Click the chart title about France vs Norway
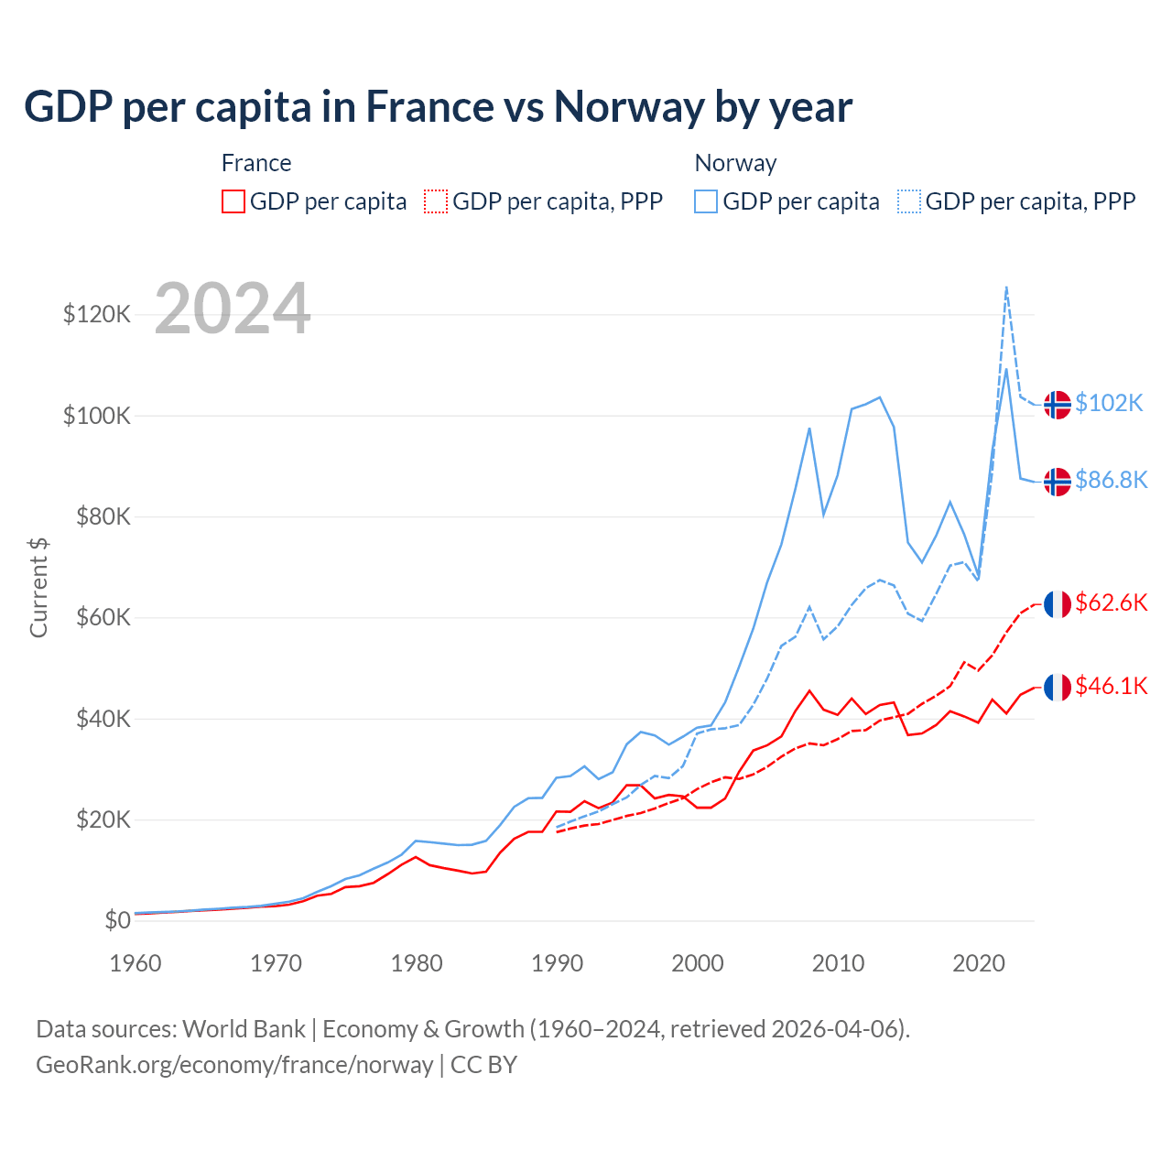pos(438,107)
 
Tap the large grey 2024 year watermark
pos(233,309)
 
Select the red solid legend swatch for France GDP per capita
pos(233,201)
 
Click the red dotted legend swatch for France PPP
pos(436,201)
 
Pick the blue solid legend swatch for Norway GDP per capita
pos(706,201)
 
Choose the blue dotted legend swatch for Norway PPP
pos(909,201)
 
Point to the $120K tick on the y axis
pos(97,315)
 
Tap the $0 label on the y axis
pos(117,920)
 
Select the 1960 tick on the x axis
pos(136,963)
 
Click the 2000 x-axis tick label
pos(698,963)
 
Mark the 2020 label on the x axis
pos(979,963)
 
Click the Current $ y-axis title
pos(38,587)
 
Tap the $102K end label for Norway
pos(1109,404)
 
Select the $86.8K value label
pos(1111,480)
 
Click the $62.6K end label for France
pos(1111,602)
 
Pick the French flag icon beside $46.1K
pos(1058,687)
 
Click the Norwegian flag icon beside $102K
pos(1058,404)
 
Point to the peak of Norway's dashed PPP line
pos(1006,288)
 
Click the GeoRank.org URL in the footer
pos(234,1065)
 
